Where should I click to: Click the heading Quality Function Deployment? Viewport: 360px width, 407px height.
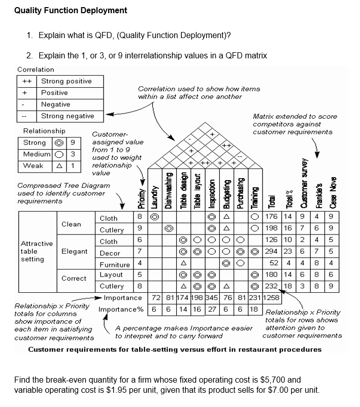coord(71,10)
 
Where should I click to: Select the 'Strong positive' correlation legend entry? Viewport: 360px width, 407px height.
coord(66,81)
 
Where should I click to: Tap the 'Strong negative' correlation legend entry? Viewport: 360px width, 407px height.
coord(67,116)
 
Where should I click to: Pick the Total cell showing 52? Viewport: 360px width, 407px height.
coord(275,263)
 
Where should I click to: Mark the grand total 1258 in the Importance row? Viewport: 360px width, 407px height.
coord(272,297)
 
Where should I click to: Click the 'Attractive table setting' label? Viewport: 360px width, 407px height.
coord(36,251)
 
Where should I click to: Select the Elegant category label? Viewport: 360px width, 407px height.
coord(74,251)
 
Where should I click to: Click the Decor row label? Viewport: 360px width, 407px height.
coord(110,253)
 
